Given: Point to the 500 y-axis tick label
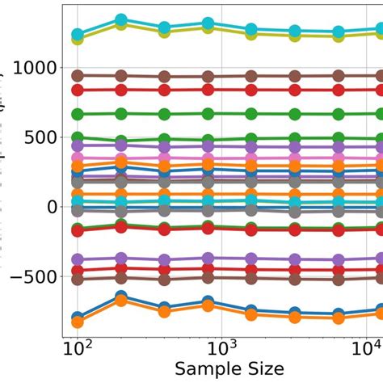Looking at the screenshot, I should (37, 137).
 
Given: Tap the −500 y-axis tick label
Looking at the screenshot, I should (29, 276).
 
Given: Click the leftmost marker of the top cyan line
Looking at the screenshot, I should (78, 35).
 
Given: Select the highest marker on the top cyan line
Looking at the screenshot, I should (121, 19).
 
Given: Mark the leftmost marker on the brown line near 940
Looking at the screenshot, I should (78, 76).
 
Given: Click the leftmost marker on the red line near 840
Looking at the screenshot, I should (78, 90).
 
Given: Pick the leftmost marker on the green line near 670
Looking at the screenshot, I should (78, 114).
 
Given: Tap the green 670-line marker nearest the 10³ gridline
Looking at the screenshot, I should (208, 114).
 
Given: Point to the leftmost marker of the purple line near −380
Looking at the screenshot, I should (78, 259).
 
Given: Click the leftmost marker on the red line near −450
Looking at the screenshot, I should (78, 271).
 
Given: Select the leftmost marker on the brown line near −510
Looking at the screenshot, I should (78, 279).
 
